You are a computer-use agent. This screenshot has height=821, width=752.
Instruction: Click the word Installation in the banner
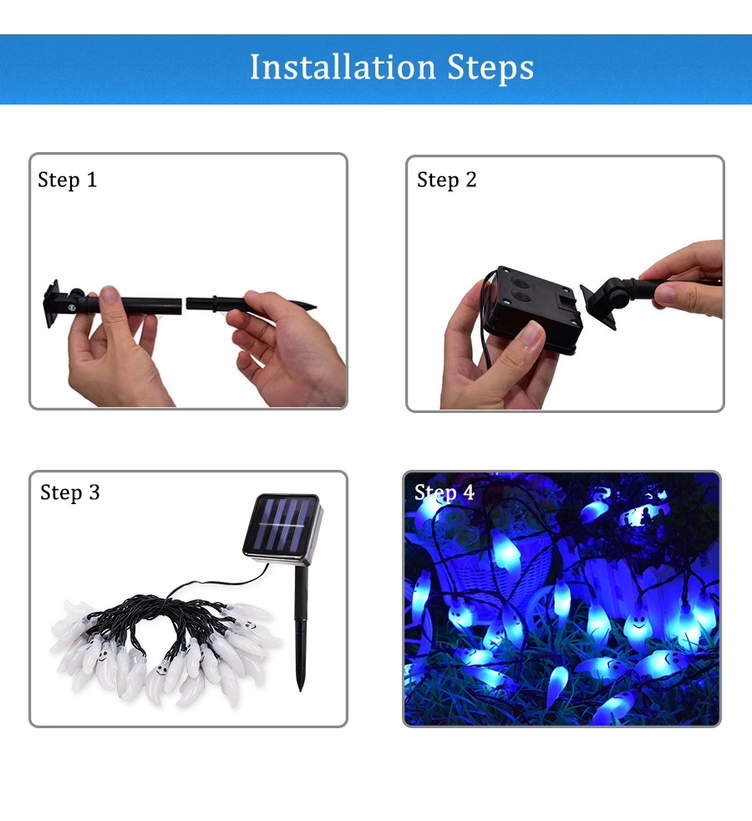(x=343, y=67)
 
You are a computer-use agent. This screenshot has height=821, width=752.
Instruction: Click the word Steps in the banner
(x=490, y=68)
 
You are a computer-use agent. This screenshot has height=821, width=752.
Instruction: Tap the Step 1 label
(x=68, y=180)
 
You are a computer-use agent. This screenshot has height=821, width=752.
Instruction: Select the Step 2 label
(x=446, y=180)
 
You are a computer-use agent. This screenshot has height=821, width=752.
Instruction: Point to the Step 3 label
(x=69, y=492)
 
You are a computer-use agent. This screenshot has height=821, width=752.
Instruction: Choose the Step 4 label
(x=445, y=492)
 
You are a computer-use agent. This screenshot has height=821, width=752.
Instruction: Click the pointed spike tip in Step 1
(x=314, y=306)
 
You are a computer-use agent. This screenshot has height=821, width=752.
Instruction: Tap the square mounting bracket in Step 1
(x=51, y=303)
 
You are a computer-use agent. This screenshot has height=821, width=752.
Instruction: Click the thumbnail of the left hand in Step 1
(x=109, y=295)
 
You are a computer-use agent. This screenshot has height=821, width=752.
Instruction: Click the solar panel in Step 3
(x=282, y=525)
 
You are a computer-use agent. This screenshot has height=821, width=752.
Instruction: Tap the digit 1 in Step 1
(x=92, y=180)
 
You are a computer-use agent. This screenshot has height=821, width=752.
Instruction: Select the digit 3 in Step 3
(x=94, y=492)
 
